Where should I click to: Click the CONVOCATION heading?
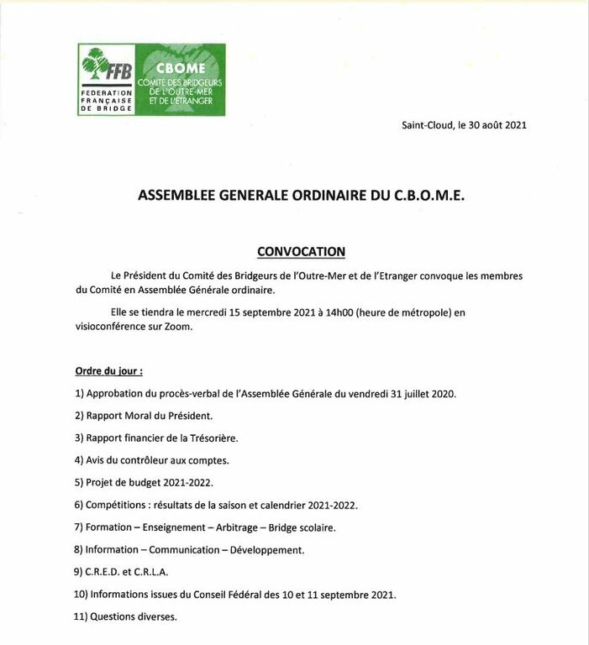301,251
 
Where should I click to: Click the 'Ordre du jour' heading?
108,370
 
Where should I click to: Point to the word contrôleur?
139,460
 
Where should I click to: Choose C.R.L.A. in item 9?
151,572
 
